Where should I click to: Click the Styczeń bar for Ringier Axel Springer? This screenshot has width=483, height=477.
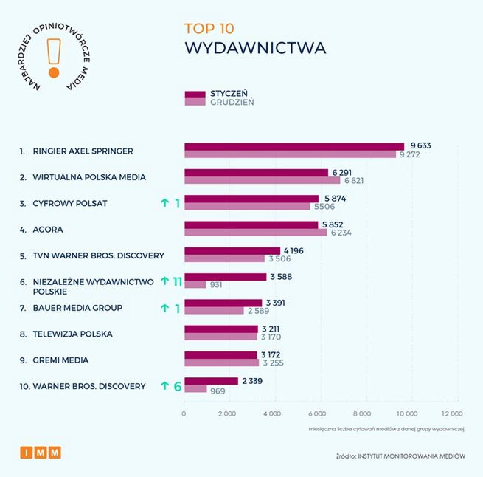point(293,146)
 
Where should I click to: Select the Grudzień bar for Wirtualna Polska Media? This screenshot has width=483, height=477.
point(262,180)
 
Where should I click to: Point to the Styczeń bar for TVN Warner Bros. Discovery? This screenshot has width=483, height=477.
point(232,250)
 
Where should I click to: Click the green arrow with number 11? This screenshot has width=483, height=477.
point(171,281)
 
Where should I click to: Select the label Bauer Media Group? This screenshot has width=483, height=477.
point(77,307)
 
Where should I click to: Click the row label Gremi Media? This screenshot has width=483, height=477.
point(60,360)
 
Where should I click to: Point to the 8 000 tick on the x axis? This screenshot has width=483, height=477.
point(362,413)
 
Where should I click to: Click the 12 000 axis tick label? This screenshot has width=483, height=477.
point(451,413)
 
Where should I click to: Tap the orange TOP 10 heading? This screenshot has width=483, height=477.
point(209,29)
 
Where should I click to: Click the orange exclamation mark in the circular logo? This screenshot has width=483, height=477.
point(53,57)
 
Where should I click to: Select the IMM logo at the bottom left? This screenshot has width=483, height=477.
point(40,453)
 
